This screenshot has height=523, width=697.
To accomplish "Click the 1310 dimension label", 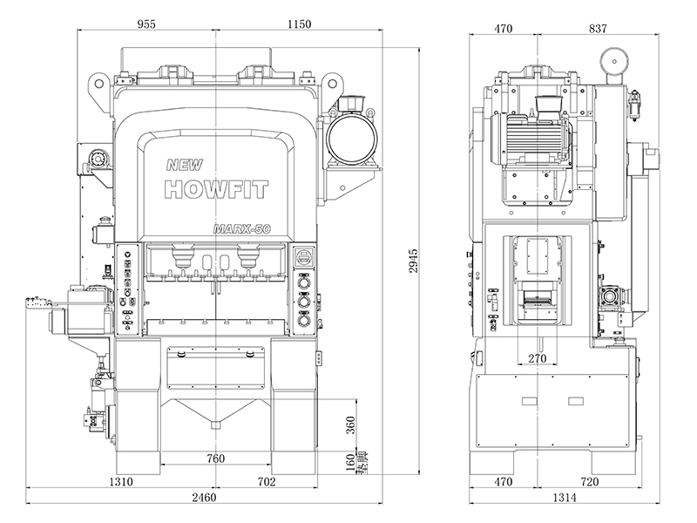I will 120,481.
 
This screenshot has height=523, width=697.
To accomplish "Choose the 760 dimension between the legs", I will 215,458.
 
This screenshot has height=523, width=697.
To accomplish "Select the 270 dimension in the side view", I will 538,358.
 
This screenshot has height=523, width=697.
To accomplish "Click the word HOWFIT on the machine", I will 214,189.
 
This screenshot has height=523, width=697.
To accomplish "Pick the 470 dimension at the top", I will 504,28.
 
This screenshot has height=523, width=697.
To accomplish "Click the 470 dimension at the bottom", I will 504,481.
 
